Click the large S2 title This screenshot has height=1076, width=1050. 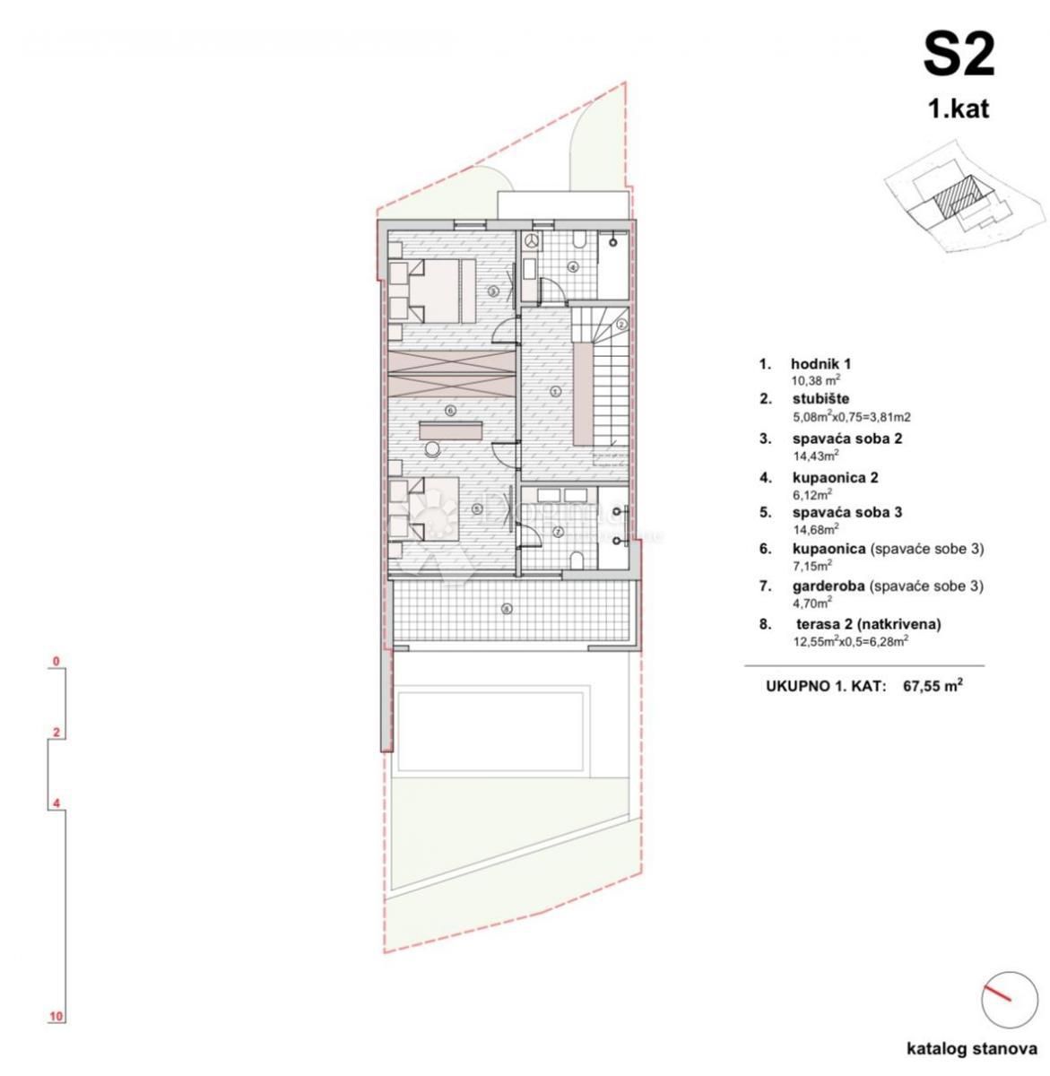959,56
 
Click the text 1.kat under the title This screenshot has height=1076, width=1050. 958,109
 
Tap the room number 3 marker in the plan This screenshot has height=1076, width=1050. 492,291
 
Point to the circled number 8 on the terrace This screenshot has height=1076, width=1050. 507,609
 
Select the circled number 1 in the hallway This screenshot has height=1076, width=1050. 555,391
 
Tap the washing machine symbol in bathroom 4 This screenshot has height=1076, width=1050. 532,240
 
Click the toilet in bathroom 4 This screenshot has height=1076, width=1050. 580,239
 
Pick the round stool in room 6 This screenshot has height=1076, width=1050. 434,449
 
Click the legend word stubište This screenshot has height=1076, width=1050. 820,399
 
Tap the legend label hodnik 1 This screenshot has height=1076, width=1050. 820,364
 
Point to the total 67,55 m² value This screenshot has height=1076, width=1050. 933,686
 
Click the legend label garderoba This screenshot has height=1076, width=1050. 829,586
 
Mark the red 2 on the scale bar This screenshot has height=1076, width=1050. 56,733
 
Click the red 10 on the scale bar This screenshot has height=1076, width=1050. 56,1016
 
